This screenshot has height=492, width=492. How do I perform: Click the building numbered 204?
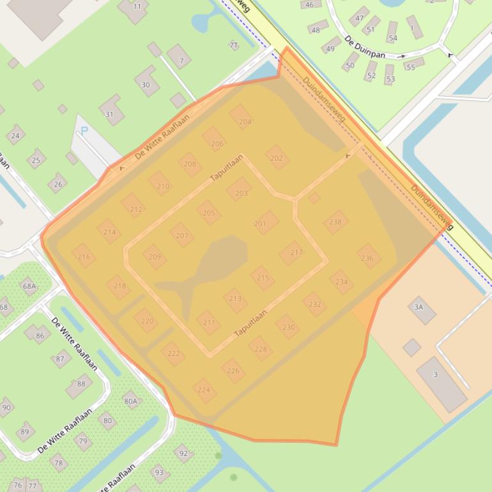tap(242, 118)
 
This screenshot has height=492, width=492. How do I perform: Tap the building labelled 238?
tap(335, 222)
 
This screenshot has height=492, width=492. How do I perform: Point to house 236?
tap(368, 257)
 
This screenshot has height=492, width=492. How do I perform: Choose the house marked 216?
tap(84, 256)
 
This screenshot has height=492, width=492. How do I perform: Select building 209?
tap(154, 257)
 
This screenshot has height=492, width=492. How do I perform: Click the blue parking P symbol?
tap(84, 132)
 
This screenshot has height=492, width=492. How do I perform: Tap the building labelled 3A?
tap(420, 309)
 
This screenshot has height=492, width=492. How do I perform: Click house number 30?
tap(146, 82)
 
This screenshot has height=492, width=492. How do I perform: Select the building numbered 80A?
tap(130, 401)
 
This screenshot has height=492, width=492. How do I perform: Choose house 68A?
tap(29, 286)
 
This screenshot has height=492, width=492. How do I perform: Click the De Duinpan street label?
tap(365, 50)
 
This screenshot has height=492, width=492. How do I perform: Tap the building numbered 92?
tap(183, 454)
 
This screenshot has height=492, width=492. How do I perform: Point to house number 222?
tap(173, 353)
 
